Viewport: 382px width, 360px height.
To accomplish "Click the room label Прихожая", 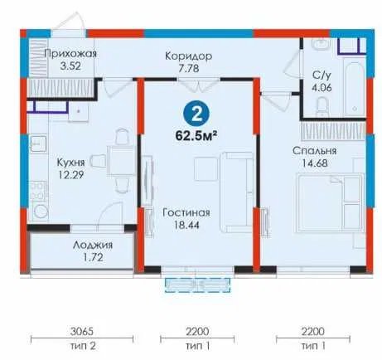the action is coord(70,54).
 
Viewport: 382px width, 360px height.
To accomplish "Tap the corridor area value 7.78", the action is coord(188,68).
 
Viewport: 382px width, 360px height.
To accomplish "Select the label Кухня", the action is coord(70,163).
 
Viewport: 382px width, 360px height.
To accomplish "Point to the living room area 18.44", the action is coord(186,225).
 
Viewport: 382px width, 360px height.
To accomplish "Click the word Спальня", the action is coord(315,151).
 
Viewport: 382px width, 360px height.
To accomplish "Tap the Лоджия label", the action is coord(93,246).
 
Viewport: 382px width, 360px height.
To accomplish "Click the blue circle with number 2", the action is coord(196,114).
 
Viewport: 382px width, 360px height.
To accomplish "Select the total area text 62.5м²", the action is coord(196,136).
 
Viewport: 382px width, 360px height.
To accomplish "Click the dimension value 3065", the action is coord(82,331).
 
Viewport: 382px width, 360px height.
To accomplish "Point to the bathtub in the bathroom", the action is coord(354,89).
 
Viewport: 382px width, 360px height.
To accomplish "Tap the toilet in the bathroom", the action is coord(322,108).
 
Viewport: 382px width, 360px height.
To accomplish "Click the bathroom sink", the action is coord(321,44).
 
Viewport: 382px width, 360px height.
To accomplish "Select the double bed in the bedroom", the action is coord(330,202).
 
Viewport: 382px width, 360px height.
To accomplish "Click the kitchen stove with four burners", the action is coord(38,190).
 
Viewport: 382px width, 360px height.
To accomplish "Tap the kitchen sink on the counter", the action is coord(38,144).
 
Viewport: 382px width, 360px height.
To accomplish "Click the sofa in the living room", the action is coord(236,192).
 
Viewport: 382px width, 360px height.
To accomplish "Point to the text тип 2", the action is coord(82,346).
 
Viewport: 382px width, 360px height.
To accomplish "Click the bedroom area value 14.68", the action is coord(315,163).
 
